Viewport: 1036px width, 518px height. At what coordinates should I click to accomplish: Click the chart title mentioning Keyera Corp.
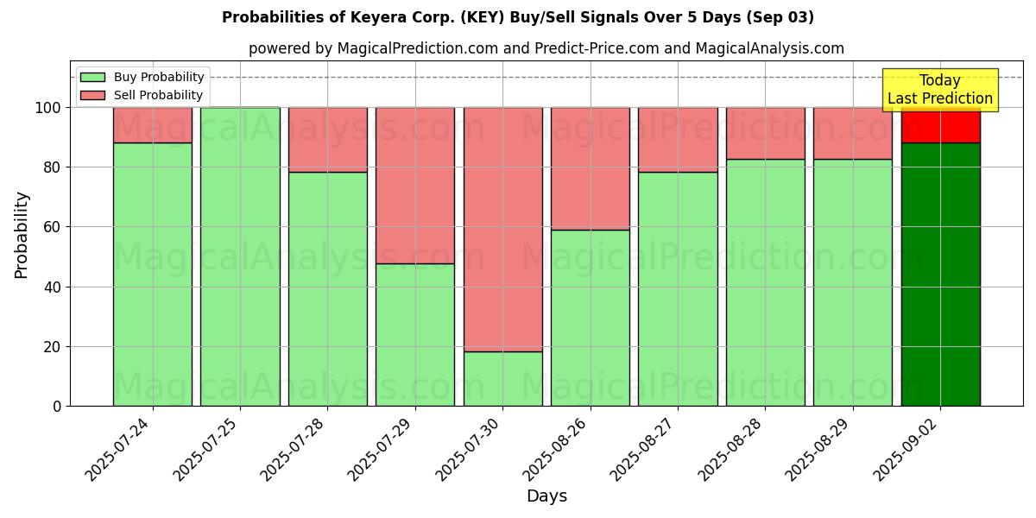click(x=517, y=17)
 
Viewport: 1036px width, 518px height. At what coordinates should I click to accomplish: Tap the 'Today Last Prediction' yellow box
click(x=939, y=90)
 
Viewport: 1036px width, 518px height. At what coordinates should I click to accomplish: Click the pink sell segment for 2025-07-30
click(x=502, y=229)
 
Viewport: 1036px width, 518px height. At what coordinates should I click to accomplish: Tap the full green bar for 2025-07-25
click(x=240, y=256)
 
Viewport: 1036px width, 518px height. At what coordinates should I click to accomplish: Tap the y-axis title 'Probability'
click(x=22, y=235)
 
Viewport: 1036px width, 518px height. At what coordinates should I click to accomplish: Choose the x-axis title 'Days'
click(x=546, y=496)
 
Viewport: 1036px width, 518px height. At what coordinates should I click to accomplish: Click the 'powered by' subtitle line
click(x=546, y=48)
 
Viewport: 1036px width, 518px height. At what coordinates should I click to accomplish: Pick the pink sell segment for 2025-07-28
click(x=327, y=140)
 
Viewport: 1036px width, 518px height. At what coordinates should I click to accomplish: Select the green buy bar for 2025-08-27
click(x=678, y=288)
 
